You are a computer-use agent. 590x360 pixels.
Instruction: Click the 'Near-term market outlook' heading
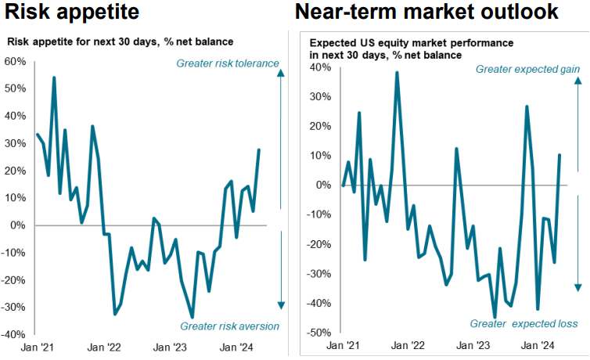pos(426,13)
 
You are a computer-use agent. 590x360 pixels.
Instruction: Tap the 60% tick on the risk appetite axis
pos(15,61)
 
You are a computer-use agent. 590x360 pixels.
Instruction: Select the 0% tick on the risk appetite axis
pos(18,225)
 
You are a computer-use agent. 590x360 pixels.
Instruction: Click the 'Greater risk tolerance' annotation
pos(228,63)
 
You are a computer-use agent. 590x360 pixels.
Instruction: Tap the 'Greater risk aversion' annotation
pos(229,326)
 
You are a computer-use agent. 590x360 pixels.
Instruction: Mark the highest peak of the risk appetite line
pos(54,77)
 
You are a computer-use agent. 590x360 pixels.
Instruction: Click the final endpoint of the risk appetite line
pos(259,149)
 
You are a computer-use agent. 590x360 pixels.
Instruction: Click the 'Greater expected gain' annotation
pos(528,70)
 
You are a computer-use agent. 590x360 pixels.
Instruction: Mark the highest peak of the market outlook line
pos(398,73)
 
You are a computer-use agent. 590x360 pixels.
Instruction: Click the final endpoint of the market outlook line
pos(559,155)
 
